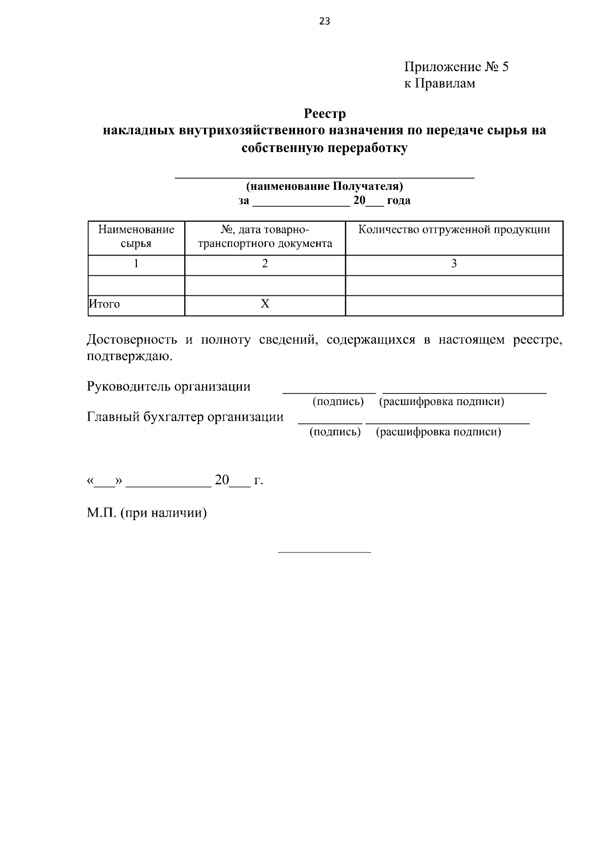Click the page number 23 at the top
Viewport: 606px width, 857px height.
coord(325,21)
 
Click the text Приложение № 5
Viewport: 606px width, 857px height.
coord(456,67)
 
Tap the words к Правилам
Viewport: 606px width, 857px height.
coord(439,83)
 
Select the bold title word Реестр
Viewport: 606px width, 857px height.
coord(325,113)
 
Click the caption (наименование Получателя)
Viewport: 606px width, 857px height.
coord(324,186)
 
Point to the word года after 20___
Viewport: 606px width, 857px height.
coord(398,200)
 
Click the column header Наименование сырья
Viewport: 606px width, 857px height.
coord(136,236)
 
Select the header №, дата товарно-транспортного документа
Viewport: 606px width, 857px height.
coord(265,236)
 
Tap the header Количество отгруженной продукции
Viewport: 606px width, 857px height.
coord(453,230)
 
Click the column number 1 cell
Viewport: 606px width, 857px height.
coord(136,263)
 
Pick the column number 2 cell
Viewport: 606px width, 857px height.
coord(265,263)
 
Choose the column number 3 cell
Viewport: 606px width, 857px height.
coord(453,263)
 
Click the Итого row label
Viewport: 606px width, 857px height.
coord(105,304)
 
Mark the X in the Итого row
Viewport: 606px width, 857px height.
coord(265,304)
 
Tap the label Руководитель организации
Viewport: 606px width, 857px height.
coord(169,387)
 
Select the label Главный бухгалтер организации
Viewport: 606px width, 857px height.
coord(185,417)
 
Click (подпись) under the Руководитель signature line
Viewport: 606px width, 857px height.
coord(338,402)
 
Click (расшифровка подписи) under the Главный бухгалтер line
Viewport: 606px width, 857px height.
coord(438,432)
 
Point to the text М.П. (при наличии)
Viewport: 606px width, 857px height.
coord(146,513)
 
